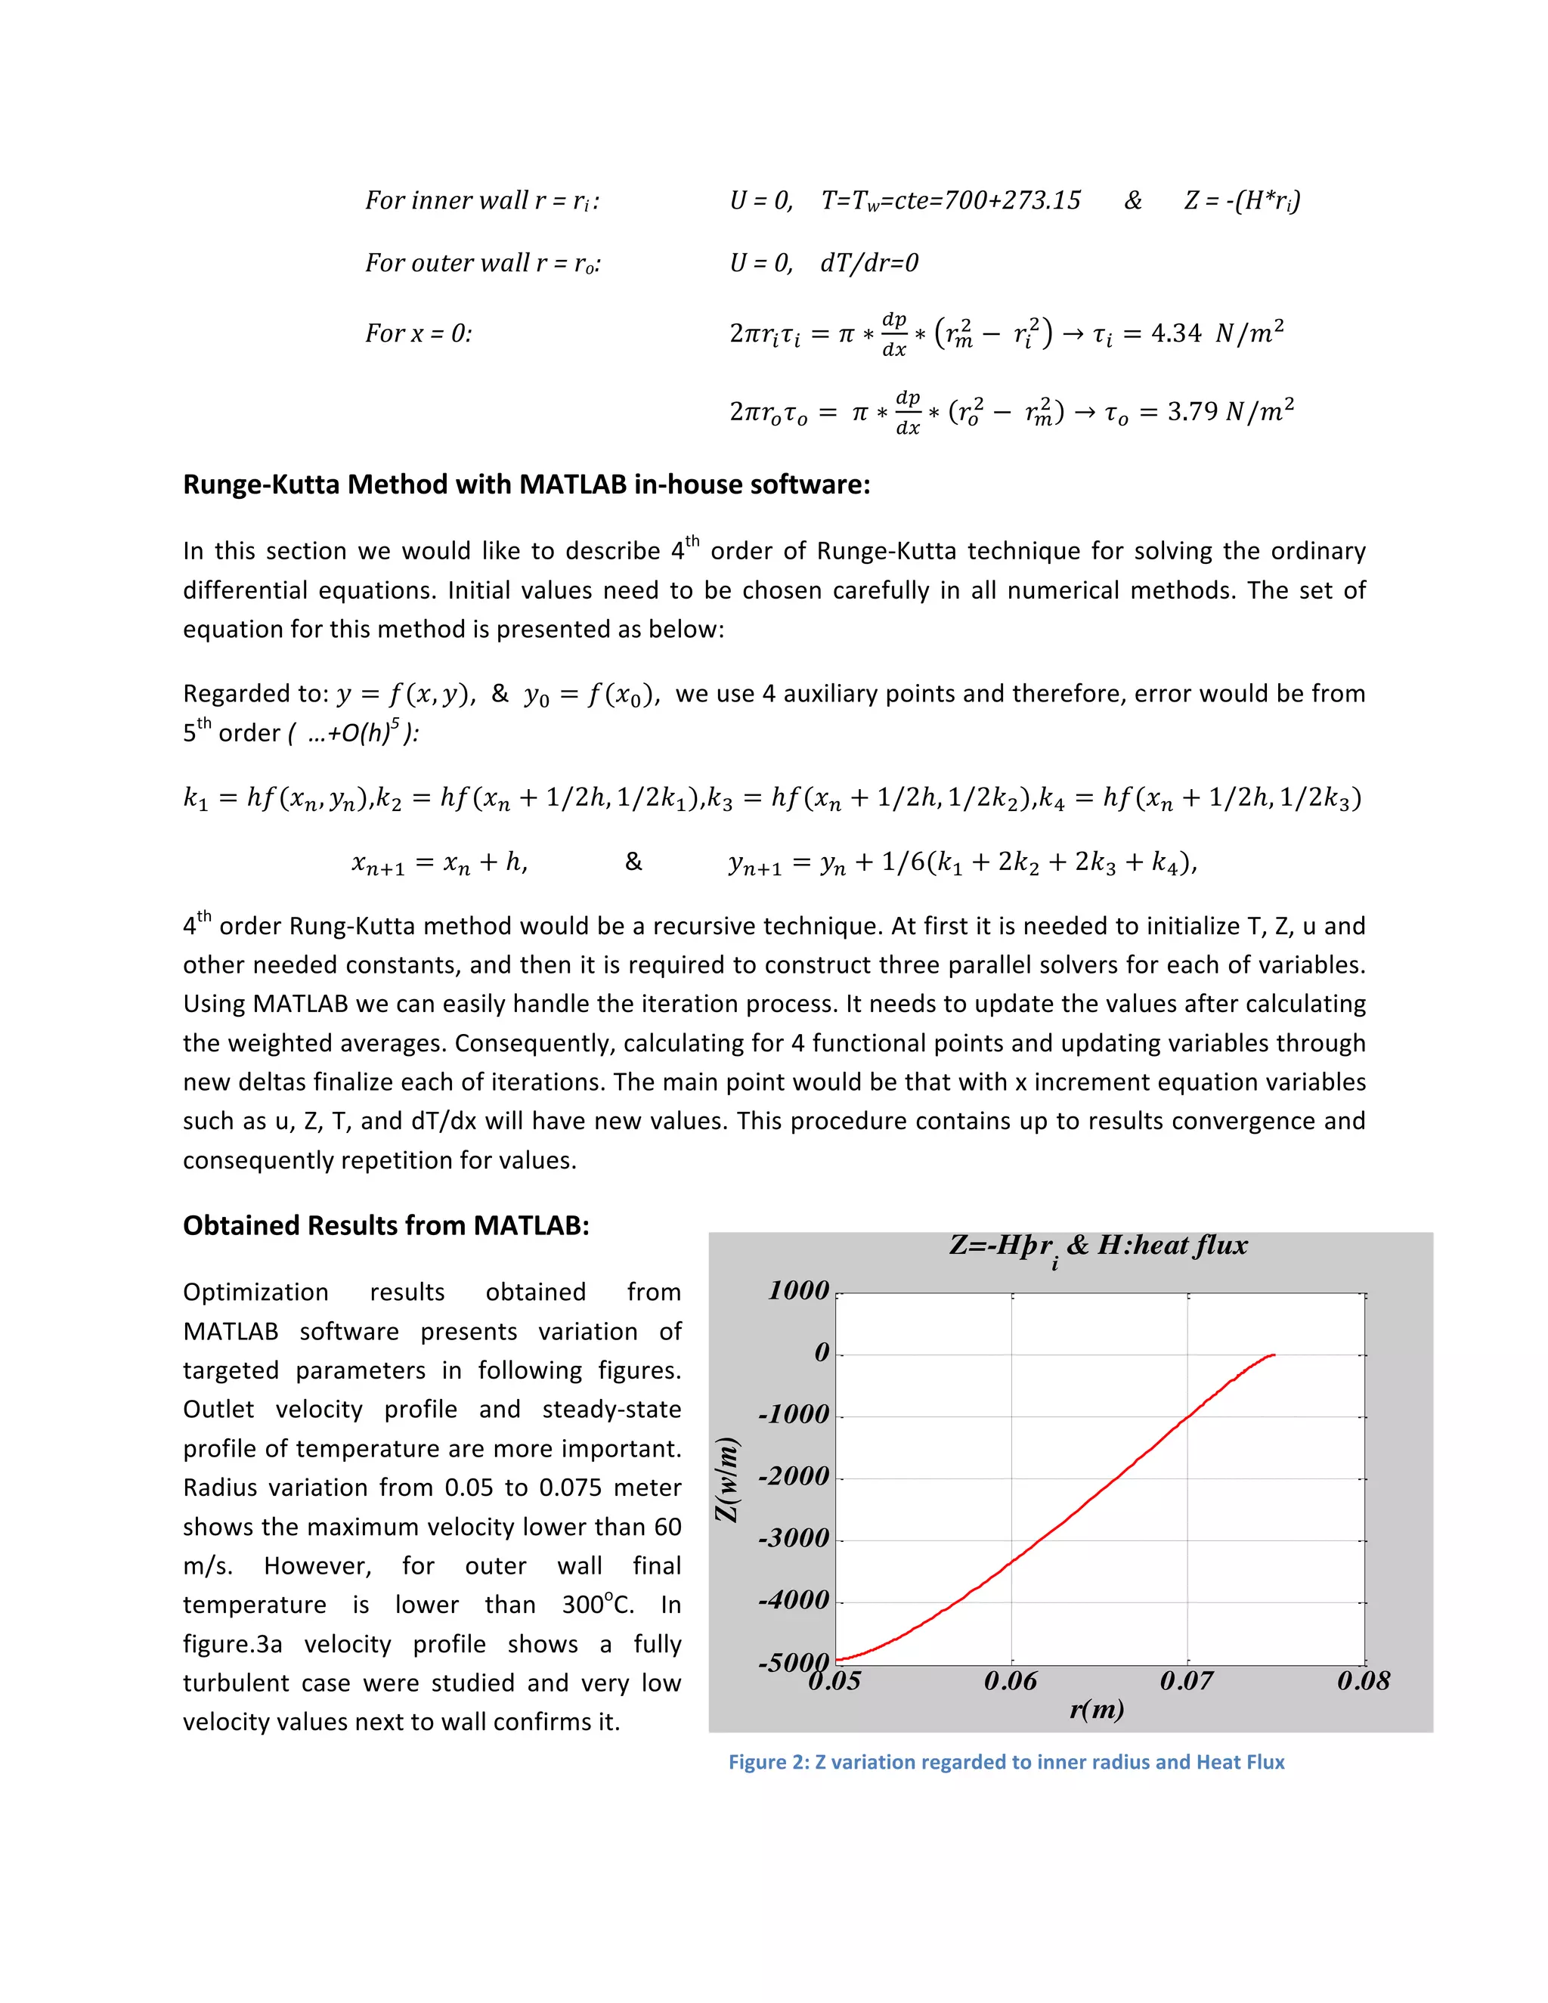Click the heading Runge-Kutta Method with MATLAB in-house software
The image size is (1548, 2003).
click(526, 484)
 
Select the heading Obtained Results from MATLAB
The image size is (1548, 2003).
click(386, 1225)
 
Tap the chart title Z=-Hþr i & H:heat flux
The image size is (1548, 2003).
click(1098, 1246)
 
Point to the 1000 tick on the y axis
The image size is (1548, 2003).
click(798, 1290)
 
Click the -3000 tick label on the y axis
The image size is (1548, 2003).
click(793, 1538)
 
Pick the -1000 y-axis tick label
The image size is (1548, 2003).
click(793, 1414)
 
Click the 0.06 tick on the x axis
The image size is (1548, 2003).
click(1011, 1681)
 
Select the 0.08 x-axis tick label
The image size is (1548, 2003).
click(1364, 1681)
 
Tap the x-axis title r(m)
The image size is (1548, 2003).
click(1097, 1710)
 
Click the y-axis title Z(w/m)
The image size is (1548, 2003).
click(727, 1480)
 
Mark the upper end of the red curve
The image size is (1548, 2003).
click(1273, 1354)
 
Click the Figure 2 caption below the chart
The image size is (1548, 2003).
click(1006, 1762)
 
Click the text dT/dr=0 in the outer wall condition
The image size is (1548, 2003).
click(869, 263)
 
